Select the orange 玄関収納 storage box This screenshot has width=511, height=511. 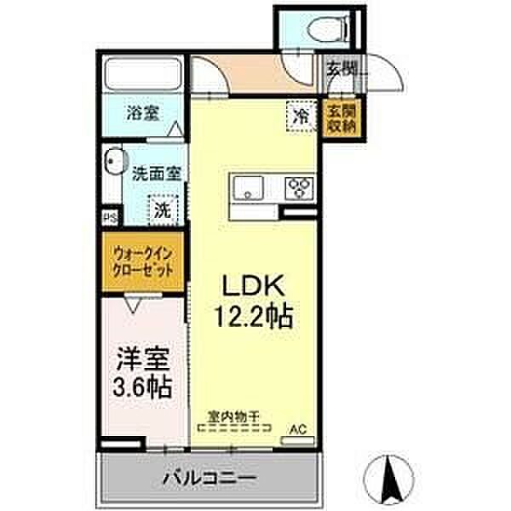[x=342, y=117]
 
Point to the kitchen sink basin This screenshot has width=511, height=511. [x=248, y=187]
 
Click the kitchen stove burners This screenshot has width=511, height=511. [x=300, y=187]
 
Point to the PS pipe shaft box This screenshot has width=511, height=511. [x=109, y=218]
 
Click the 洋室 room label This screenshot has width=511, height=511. [x=143, y=357]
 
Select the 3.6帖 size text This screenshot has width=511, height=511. [x=143, y=388]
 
